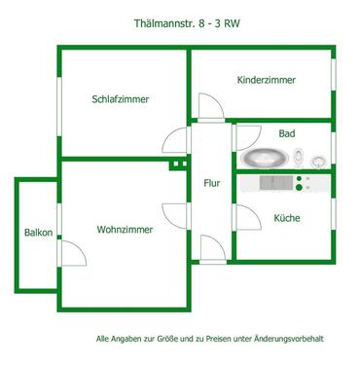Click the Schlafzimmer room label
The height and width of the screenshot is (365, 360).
(x=126, y=98)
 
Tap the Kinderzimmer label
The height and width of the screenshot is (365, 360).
(x=266, y=80)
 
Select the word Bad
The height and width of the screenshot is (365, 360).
(x=286, y=133)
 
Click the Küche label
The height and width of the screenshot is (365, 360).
(x=286, y=218)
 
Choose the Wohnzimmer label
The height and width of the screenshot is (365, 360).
(x=125, y=230)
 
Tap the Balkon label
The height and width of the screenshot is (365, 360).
(x=38, y=233)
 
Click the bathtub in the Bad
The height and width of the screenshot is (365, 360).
(x=262, y=156)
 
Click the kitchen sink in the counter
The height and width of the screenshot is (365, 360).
(x=271, y=182)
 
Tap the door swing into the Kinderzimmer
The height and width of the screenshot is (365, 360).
(x=208, y=106)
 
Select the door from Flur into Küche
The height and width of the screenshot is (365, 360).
(x=244, y=215)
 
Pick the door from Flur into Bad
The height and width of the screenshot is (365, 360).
(x=244, y=137)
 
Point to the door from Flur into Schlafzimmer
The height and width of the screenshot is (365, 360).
(x=178, y=141)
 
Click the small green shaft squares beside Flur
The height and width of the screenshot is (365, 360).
(x=178, y=164)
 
